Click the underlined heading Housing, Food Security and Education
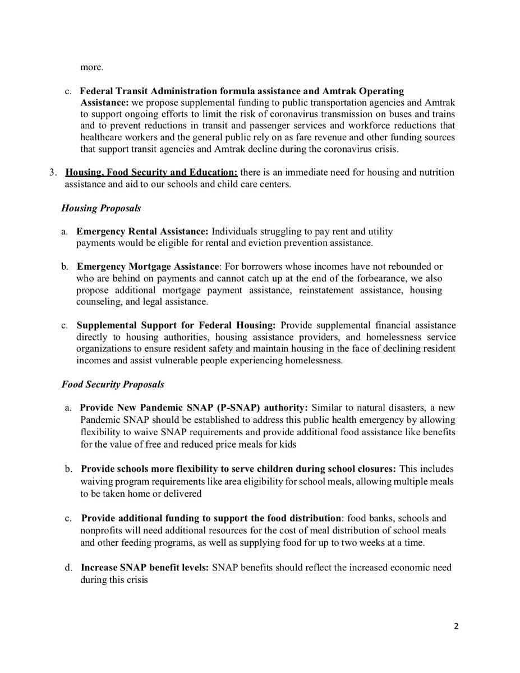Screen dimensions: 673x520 pos(151,172)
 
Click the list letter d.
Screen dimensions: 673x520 pos(68,568)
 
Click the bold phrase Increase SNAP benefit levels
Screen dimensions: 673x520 pos(144,568)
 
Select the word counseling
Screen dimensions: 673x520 pos(98,302)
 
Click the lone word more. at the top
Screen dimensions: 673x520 pos(91,68)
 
